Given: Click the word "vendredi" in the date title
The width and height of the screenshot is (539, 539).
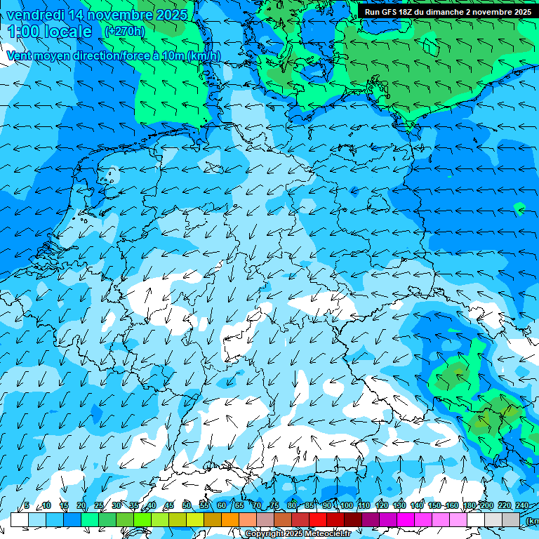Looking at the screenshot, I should [38, 15].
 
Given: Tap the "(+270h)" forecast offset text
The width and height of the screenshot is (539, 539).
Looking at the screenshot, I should [124, 31].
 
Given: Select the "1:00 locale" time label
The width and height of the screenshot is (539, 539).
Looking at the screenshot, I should [51, 32].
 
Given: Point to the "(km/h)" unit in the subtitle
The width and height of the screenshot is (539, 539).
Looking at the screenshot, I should [204, 56].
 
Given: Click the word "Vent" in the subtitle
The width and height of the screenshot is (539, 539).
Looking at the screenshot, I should [20, 56].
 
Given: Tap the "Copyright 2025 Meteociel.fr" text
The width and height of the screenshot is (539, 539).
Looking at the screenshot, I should [298, 534].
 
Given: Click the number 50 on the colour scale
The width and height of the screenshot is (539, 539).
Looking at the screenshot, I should [187, 506].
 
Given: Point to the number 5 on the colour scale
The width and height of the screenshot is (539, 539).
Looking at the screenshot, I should [27, 506].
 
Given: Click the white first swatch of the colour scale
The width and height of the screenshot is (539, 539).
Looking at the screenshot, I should [20, 519].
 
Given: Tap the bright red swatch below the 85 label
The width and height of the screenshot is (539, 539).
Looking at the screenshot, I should [318, 519].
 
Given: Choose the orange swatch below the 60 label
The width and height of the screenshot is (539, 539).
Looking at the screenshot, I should [230, 519].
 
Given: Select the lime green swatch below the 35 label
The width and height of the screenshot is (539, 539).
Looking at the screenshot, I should [142, 519].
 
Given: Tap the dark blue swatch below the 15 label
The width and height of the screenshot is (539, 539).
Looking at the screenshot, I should [72, 519].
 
